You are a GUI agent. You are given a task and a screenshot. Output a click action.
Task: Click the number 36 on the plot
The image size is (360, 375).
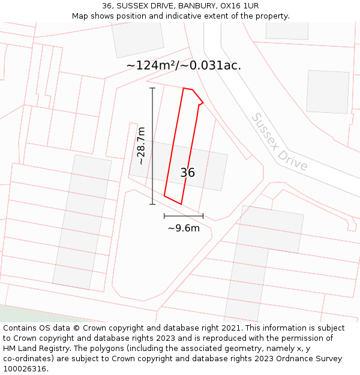(187, 173)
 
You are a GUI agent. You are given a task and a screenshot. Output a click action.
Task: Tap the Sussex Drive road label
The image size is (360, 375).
(279, 142)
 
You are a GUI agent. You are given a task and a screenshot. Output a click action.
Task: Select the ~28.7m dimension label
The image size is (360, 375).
(141, 146)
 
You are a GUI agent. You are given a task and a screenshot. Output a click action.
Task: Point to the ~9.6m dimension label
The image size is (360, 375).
(184, 228)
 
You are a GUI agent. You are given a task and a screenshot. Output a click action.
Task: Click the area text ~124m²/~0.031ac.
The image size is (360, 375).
(184, 65)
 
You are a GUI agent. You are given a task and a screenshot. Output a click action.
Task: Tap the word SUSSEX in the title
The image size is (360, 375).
(131, 6)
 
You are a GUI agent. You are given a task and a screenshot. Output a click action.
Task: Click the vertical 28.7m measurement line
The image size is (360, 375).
(152, 146)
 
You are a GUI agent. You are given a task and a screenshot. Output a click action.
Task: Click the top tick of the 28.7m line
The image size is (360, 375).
(152, 88)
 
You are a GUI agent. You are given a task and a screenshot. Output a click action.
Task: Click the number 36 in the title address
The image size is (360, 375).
(107, 6)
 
